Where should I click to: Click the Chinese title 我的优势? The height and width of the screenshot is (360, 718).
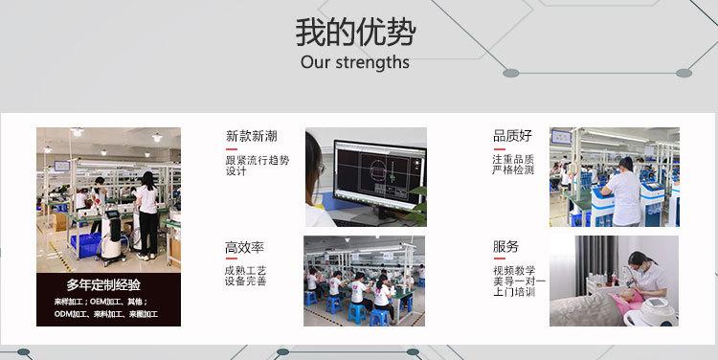coord(355,33)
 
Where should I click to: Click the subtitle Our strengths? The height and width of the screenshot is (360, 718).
coord(355,62)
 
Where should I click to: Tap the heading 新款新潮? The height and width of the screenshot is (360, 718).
coord(252,136)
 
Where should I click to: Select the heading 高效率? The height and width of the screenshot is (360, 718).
coord(244,248)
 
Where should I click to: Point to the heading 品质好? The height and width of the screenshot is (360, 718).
coord(512,136)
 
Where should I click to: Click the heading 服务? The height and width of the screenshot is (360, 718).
coord(506,246)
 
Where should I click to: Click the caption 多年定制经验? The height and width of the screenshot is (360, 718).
coord(103,285)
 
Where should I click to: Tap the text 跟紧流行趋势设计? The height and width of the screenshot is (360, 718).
coord(258,166)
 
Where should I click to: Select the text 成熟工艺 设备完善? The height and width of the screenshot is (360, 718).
coord(245,276)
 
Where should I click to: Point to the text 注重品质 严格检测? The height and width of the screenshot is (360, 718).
coord(513,165)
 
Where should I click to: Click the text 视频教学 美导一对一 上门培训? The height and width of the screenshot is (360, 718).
coord(519,281)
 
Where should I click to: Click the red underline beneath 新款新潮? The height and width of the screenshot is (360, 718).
coord(232,148)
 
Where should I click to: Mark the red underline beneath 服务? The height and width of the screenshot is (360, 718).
coord(499,259)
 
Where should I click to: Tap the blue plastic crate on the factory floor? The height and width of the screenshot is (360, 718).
coord(85,245)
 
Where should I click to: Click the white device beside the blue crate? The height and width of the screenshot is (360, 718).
coord(112,237)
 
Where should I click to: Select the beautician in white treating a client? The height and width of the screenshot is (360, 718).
coord(647,275)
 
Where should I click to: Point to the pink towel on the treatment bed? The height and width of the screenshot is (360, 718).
coord(626,303)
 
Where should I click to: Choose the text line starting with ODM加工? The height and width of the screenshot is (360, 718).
coord(105,314)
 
